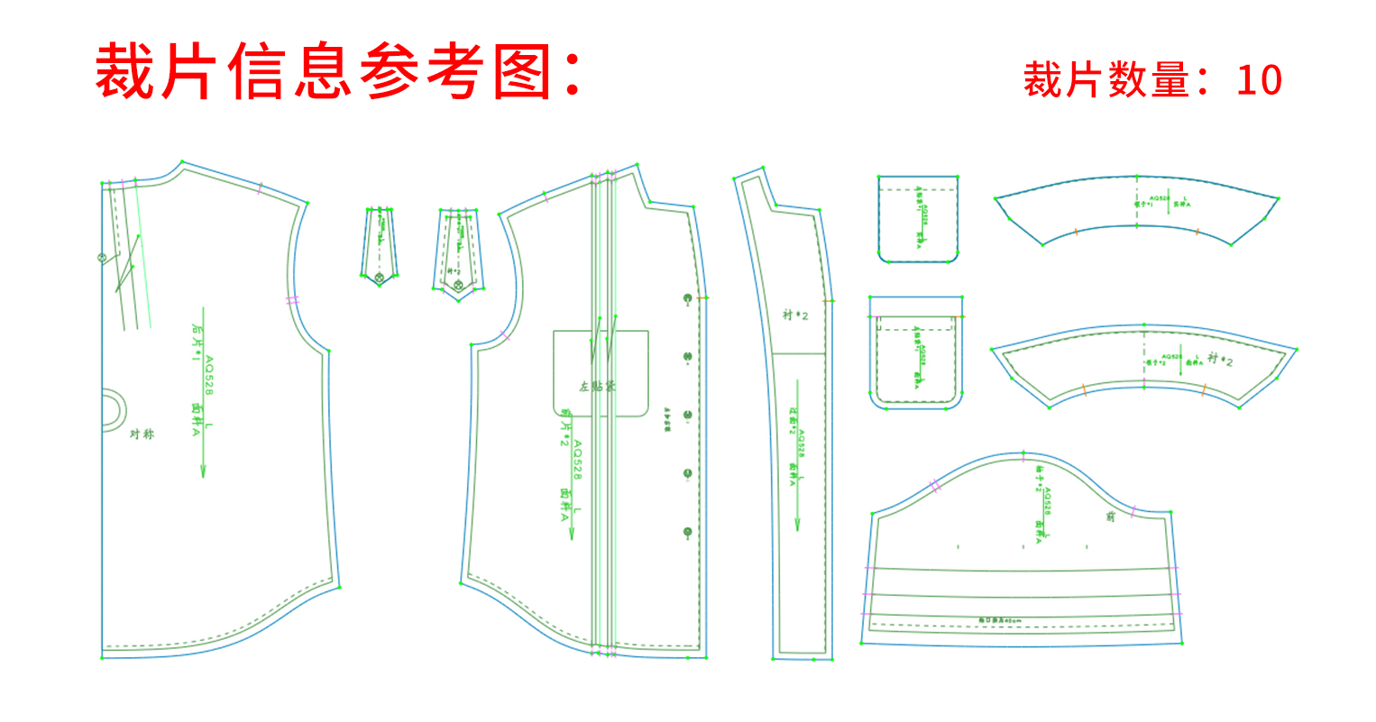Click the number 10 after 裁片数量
[1259, 80]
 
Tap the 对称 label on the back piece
[142, 434]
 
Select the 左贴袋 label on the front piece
[598, 387]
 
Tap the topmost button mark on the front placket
[688, 297]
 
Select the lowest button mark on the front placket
[688, 532]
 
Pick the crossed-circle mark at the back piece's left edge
[102, 258]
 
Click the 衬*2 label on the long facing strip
[795, 315]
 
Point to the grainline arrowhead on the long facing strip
[797, 525]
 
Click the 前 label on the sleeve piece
[1110, 516]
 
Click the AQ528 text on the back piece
[209, 376]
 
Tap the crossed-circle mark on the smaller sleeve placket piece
[380, 276]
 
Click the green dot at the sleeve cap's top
[1023, 452]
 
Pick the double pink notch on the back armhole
[291, 300]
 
